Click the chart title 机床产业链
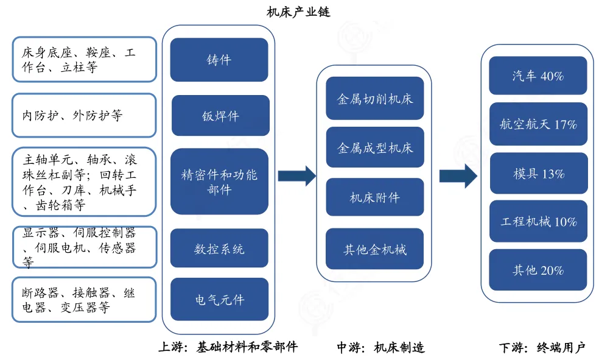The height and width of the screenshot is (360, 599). coord(299,12)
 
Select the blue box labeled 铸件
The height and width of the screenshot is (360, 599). coord(219,60)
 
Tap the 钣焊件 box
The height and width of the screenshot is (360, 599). coord(220,116)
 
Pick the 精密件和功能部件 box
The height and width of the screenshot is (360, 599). coord(219,182)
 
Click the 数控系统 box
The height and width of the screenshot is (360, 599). coord(219,249)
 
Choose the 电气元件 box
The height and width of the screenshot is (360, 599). coord(219,299)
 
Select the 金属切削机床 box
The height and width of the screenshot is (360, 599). coord(374,99)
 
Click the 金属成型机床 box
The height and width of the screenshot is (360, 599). coord(374,148)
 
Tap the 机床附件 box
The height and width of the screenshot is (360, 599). coord(374,197)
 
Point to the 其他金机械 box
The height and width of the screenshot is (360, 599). coord(374,249)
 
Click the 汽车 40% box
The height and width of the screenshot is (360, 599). coord(538,76)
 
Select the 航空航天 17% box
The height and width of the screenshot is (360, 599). coord(538,124)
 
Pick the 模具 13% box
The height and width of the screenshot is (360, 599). coord(538,174)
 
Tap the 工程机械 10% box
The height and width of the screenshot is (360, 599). coord(538,222)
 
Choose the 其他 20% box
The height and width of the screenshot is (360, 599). coord(538,270)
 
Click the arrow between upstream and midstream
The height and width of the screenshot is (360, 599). coord(296,176)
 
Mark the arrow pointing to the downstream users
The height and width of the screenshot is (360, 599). coord(458,176)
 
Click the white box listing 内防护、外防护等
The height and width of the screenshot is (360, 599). coord(84,115)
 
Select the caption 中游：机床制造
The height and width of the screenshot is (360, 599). coord(380,348)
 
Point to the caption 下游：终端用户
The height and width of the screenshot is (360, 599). coord(541,348)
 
